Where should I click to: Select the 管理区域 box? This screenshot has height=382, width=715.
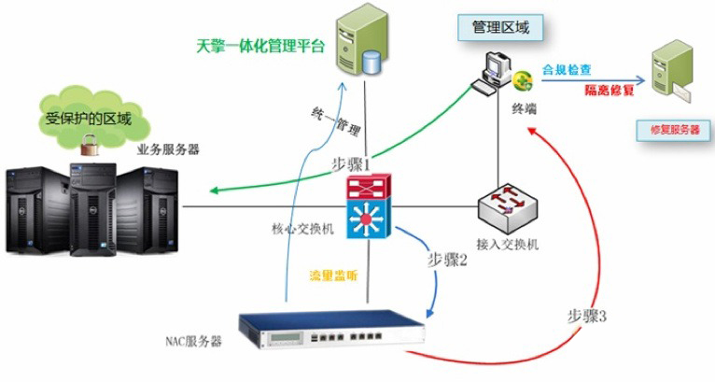502,28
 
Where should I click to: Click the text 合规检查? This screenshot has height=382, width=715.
567,70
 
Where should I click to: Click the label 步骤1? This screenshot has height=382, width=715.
351,163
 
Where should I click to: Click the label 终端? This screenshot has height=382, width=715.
524,108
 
